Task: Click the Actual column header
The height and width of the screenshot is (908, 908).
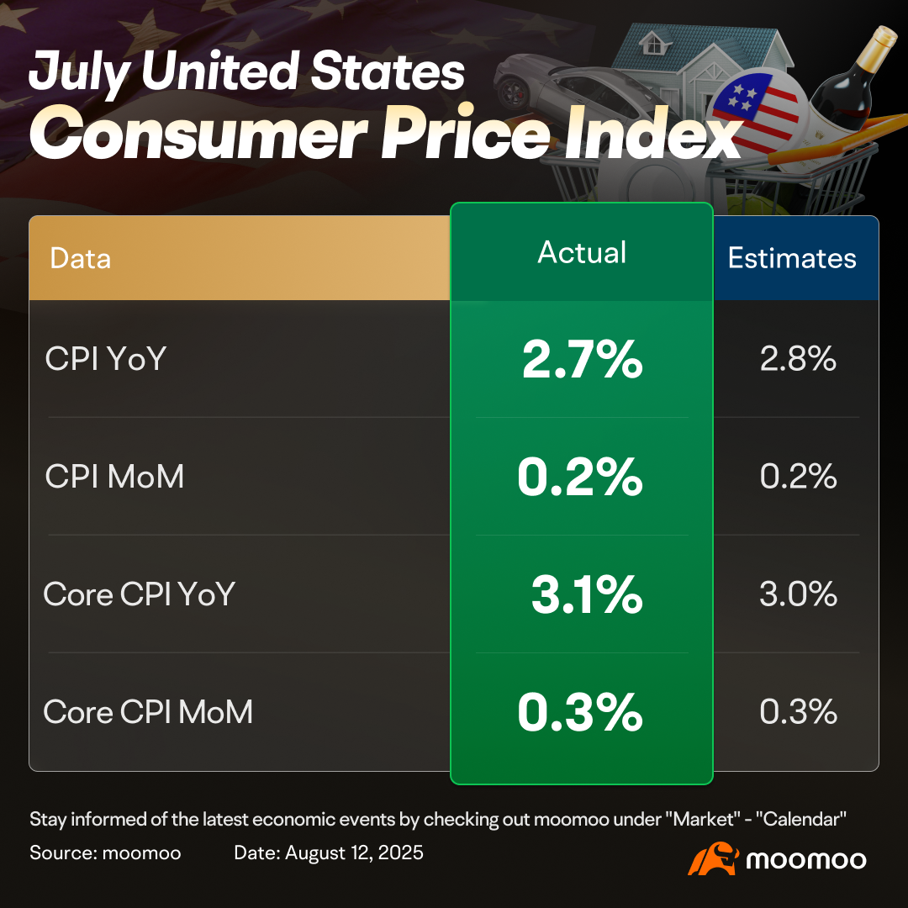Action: (582, 252)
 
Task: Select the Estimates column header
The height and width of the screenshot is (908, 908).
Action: (792, 258)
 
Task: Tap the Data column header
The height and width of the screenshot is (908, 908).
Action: (80, 258)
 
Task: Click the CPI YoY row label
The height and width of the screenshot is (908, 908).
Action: (106, 358)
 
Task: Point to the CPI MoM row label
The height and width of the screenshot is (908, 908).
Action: (114, 477)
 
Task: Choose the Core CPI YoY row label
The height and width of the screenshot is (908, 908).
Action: (140, 594)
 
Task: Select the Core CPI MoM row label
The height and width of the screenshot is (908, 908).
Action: (148, 712)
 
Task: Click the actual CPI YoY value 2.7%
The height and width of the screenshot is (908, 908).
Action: (582, 359)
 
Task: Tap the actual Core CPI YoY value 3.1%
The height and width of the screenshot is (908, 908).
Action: (587, 594)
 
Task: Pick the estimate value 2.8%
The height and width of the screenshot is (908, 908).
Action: (798, 358)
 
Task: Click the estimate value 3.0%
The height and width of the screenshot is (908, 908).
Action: (798, 594)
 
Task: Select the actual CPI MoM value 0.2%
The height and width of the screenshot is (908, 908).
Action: (579, 478)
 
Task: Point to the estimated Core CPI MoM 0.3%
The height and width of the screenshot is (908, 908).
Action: (798, 712)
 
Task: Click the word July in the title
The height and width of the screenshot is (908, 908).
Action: (79, 73)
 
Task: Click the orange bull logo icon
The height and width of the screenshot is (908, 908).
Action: (714, 858)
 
